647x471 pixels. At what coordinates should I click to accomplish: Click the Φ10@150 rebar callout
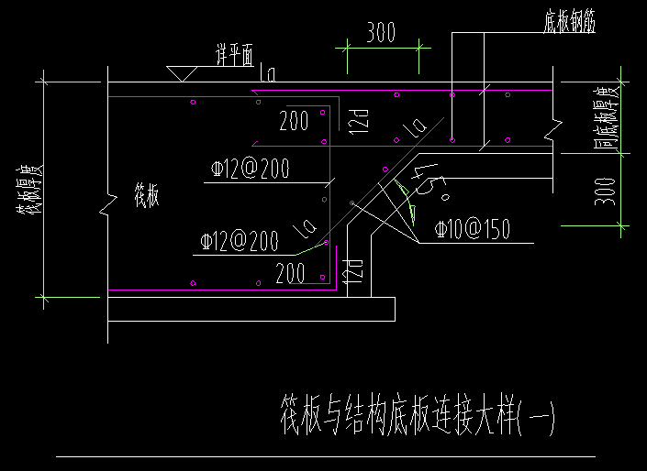pos(472,229)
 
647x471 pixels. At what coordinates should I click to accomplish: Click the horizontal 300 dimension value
pos(381,33)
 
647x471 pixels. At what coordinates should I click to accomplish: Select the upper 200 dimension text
pos(294,120)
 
